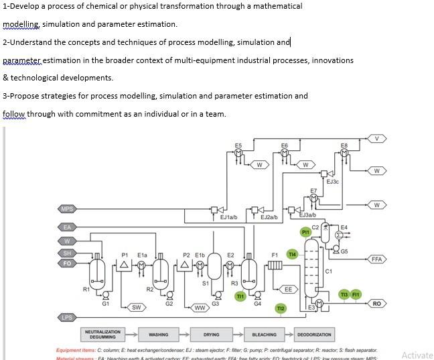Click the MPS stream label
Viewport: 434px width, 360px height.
click(67, 209)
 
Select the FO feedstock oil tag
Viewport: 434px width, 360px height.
click(67, 263)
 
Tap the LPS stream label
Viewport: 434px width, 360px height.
click(67, 317)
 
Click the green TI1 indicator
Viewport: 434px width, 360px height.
click(240, 296)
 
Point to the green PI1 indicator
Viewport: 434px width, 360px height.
click(305, 232)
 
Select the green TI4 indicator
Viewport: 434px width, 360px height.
click(292, 255)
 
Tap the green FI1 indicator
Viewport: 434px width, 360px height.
click(356, 294)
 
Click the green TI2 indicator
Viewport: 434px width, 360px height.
click(281, 308)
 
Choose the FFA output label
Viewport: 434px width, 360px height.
click(377, 259)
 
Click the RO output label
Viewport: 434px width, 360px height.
click(377, 304)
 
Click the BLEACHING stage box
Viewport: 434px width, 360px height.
click(264, 334)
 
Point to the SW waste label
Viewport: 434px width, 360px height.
click(136, 307)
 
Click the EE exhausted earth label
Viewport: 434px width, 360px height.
click(288, 290)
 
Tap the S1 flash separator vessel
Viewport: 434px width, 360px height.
click(214, 268)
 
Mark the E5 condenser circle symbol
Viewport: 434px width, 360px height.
click(238, 153)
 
